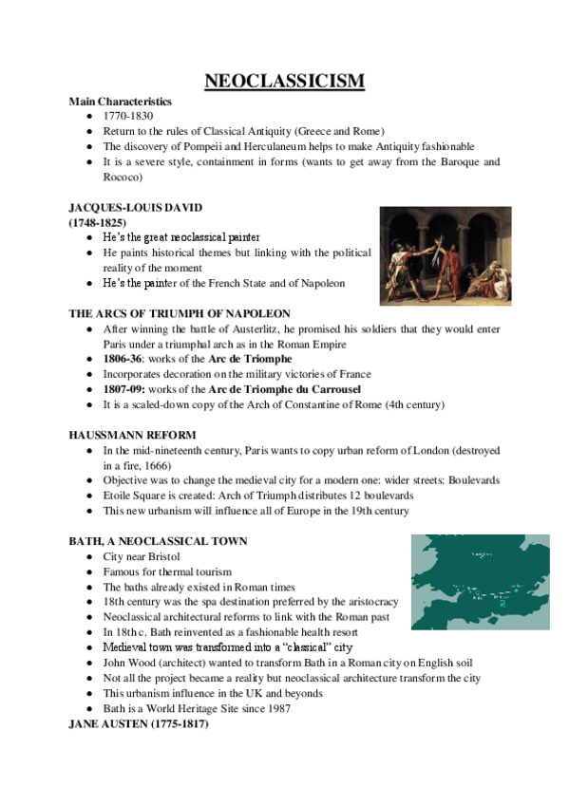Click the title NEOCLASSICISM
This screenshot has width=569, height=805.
pos(284,81)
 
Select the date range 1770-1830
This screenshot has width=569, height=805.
pos(123,115)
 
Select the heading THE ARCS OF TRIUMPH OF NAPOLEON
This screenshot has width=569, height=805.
pos(180,313)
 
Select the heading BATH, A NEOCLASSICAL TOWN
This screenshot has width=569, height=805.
pos(158,541)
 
